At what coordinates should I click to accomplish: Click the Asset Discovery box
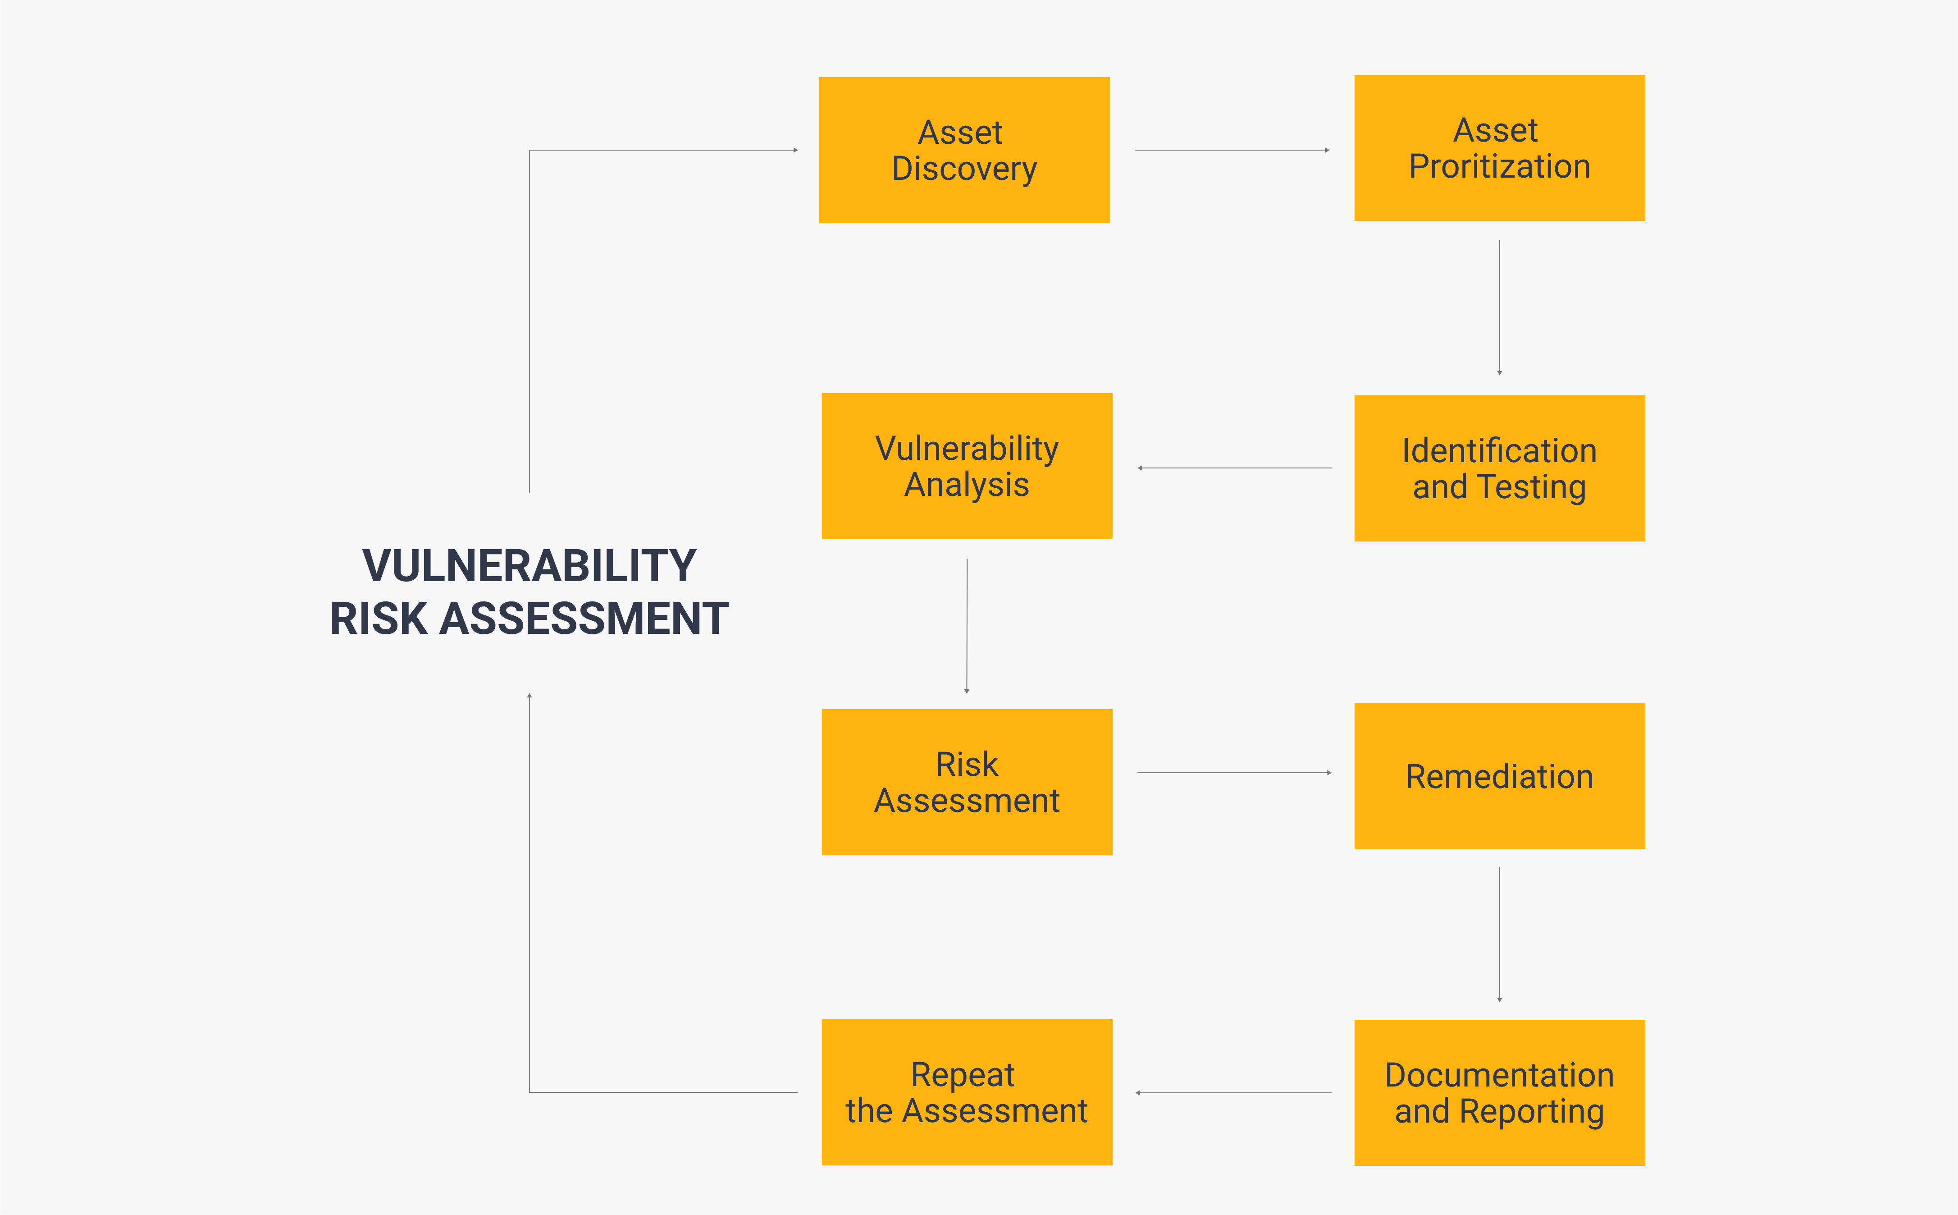click(x=964, y=150)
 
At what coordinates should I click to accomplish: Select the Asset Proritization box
click(x=1499, y=148)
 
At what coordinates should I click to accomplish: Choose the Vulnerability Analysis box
click(x=967, y=466)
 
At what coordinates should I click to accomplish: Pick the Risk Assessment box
click(x=967, y=782)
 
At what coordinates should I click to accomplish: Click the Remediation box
click(x=1499, y=776)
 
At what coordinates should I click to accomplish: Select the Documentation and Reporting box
click(x=1499, y=1093)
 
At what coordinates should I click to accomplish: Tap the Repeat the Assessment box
click(x=967, y=1092)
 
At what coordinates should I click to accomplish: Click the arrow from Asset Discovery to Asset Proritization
click(x=1232, y=150)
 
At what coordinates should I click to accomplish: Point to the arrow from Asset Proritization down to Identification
click(x=1499, y=308)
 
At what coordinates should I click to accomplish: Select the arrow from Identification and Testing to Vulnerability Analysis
click(x=1234, y=468)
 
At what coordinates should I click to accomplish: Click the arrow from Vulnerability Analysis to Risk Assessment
click(x=967, y=626)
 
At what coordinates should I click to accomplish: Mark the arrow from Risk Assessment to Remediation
click(x=1234, y=773)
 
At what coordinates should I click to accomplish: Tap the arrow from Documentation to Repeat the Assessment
click(x=1233, y=1093)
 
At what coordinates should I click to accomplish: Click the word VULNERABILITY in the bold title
click(x=529, y=566)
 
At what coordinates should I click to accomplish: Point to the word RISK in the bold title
click(x=378, y=619)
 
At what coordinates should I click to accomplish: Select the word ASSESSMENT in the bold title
click(x=584, y=619)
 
